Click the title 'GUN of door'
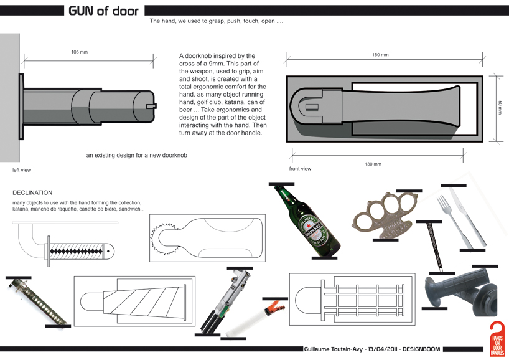click(x=103, y=11)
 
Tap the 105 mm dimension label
click(x=80, y=52)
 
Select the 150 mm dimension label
click(x=380, y=55)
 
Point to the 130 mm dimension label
click(x=373, y=164)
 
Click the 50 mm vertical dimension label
click(x=500, y=107)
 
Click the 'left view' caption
click(x=22, y=169)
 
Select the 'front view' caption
click(x=300, y=169)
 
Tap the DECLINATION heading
click(x=32, y=193)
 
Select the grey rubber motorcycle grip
click(x=460, y=291)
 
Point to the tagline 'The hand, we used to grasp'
click(x=216, y=21)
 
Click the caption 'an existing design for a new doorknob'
click(x=136, y=155)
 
